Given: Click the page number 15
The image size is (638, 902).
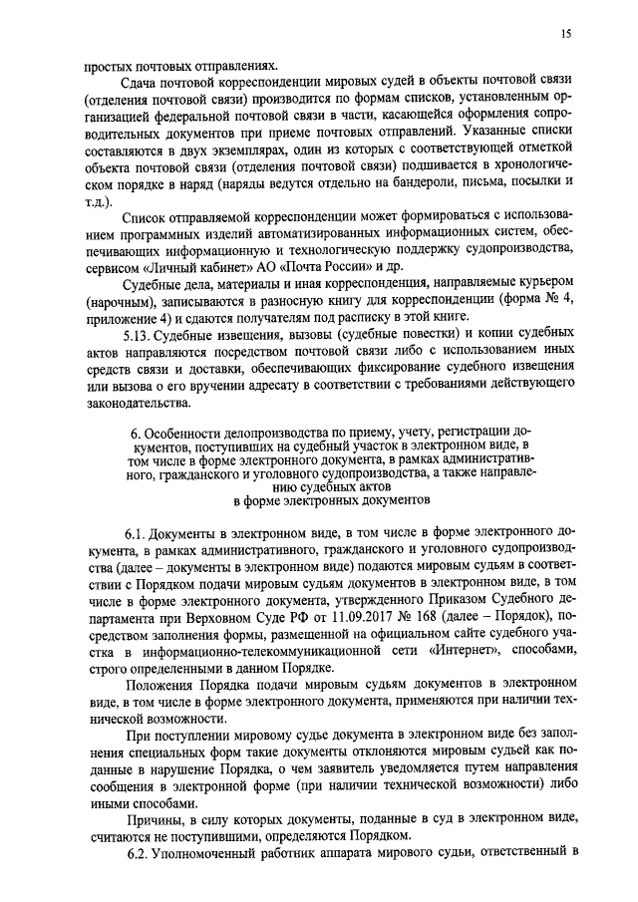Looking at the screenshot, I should click(564, 35).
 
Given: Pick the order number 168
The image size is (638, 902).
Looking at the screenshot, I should click(383, 623).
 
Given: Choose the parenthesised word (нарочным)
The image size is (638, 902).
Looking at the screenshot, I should click(123, 311).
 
